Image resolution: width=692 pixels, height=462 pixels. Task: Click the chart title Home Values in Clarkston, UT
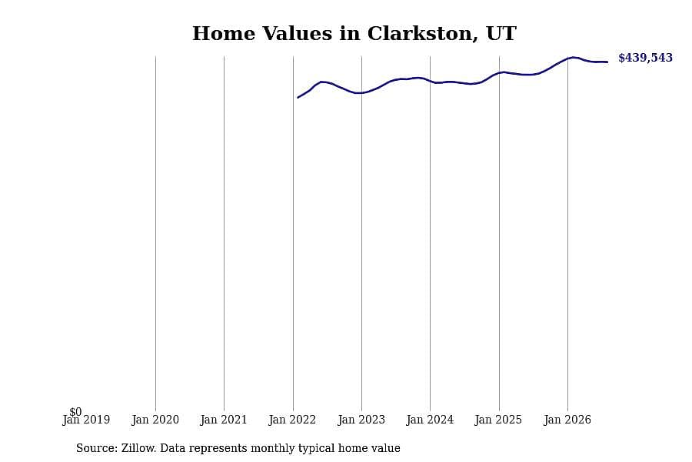(354, 34)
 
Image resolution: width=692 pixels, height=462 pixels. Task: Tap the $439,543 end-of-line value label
(645, 58)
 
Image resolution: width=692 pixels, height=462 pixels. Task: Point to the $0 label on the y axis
(75, 412)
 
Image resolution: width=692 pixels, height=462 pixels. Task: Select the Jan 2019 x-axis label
(86, 420)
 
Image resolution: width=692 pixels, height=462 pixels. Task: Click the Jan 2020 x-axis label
(155, 420)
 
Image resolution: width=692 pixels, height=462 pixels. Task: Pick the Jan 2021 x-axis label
(224, 420)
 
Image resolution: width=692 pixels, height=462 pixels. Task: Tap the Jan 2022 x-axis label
(292, 420)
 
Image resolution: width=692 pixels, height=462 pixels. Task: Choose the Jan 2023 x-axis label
(361, 420)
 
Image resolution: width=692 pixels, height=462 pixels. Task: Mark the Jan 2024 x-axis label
(430, 420)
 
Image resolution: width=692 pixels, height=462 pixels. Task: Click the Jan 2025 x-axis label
(498, 420)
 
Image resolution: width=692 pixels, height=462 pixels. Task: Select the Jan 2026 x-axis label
(567, 420)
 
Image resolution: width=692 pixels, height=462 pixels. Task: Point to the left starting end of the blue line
(298, 97)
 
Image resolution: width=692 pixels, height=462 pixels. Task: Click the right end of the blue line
(607, 62)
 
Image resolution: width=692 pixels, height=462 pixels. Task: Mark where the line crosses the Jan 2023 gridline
(361, 93)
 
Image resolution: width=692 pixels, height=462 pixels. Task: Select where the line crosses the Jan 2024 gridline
(431, 82)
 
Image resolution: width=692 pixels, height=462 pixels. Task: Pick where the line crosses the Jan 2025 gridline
(499, 72)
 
